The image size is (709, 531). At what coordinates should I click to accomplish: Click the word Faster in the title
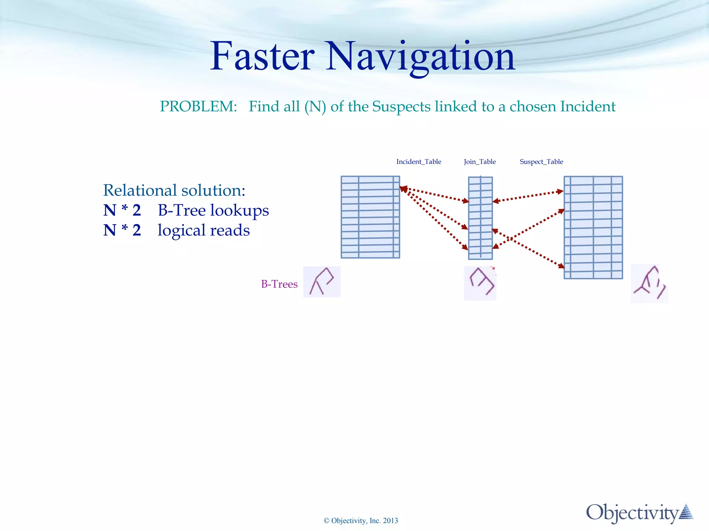(x=262, y=56)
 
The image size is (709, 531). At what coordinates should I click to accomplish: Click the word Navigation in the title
(x=421, y=56)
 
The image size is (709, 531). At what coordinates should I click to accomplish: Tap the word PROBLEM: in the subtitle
(x=198, y=106)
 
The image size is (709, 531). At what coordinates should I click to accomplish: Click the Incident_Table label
(x=419, y=162)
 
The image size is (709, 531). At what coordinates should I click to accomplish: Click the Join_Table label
(x=479, y=162)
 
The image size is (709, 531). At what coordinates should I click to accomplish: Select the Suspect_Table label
(x=541, y=162)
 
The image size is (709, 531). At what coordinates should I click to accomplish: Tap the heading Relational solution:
(x=174, y=190)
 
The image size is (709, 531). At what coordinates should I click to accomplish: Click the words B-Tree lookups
(x=213, y=210)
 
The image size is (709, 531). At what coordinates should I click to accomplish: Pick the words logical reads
(x=204, y=230)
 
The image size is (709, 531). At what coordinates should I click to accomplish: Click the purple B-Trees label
(x=279, y=284)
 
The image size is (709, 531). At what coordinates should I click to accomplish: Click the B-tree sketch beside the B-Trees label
(x=322, y=282)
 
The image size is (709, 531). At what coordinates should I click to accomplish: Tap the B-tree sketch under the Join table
(x=480, y=283)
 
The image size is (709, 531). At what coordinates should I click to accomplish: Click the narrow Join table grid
(x=480, y=218)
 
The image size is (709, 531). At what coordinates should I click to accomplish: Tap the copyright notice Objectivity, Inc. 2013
(x=361, y=521)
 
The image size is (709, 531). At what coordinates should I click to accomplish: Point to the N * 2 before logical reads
(x=122, y=230)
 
